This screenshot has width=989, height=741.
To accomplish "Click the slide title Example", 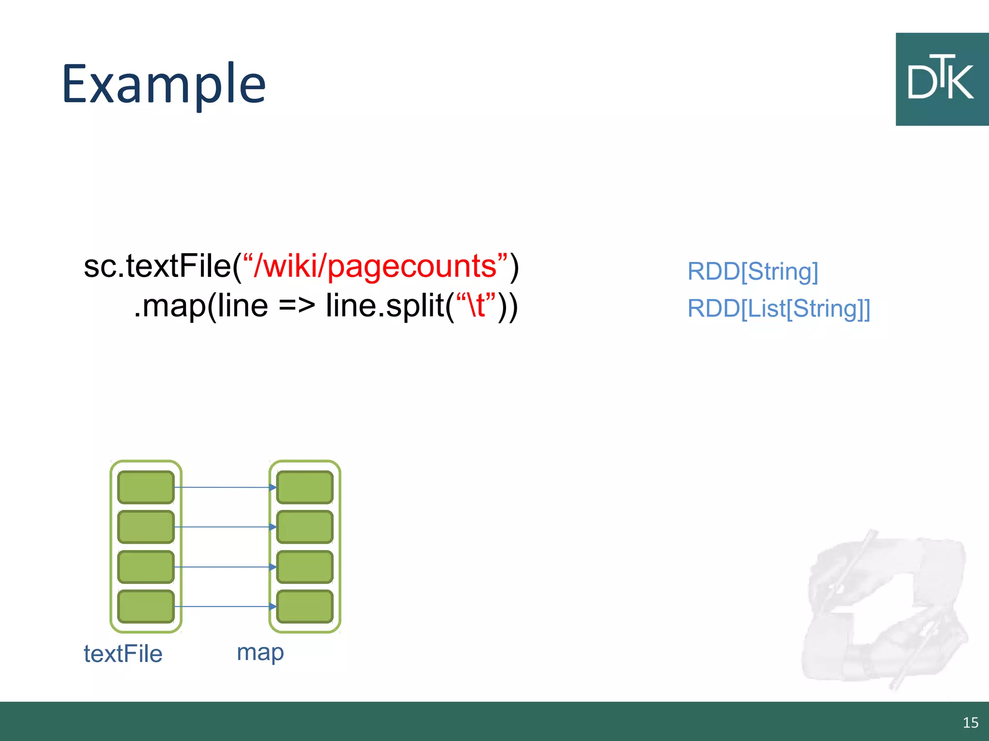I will click(x=164, y=84).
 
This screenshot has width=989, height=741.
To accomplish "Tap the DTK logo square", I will click(x=942, y=80).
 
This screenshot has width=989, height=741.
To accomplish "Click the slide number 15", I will click(x=970, y=722).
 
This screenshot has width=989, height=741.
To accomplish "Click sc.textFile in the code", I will click(x=157, y=266).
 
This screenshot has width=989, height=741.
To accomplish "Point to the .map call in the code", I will click(x=169, y=306).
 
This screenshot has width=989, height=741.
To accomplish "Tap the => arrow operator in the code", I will click(x=297, y=306).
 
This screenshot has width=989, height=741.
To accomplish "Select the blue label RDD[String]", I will click(x=752, y=271).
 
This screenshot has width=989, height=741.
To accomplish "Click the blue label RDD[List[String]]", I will click(x=778, y=309).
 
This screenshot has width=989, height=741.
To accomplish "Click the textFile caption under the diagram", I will click(x=123, y=654).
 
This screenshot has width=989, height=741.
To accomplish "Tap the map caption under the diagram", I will click(x=260, y=653).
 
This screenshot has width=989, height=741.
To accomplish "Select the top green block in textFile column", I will click(x=146, y=487).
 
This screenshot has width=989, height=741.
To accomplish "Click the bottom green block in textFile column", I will click(x=146, y=606).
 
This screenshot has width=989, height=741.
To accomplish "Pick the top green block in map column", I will click(x=305, y=487).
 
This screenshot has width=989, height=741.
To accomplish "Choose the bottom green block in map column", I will click(x=305, y=606).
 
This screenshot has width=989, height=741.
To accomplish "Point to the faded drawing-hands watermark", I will click(x=884, y=608).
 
